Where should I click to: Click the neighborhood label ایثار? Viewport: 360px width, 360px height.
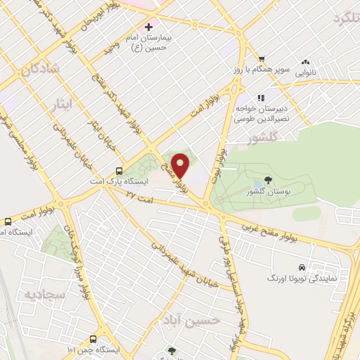pyautogui.click(x=63, y=105)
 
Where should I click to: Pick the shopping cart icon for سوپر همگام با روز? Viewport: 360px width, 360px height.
pyautogui.click(x=261, y=59)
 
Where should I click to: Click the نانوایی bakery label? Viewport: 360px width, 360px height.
pyautogui.click(x=304, y=72)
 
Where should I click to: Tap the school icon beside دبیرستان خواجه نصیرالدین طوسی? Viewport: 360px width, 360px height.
pyautogui.click(x=261, y=98)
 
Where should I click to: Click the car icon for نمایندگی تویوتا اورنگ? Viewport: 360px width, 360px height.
pyautogui.click(x=302, y=268)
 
